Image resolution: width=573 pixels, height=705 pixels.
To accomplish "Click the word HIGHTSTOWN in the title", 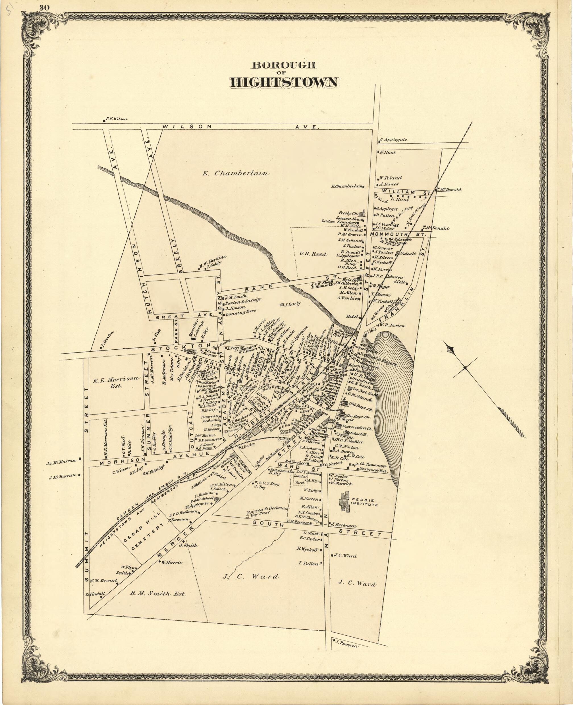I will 284,82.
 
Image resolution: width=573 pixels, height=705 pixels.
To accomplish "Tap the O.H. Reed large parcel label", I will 313,254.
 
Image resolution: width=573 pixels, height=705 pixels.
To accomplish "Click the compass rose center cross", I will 465,367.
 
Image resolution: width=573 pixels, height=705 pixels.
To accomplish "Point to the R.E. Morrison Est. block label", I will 116,381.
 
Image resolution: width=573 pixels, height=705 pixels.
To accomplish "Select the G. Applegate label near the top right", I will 393,140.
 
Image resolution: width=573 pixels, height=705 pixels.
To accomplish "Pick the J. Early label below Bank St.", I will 292,304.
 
